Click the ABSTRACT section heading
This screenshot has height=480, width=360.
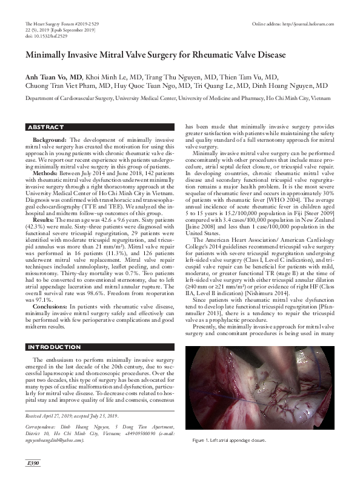(46, 127)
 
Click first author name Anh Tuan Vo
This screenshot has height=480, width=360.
(46, 77)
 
